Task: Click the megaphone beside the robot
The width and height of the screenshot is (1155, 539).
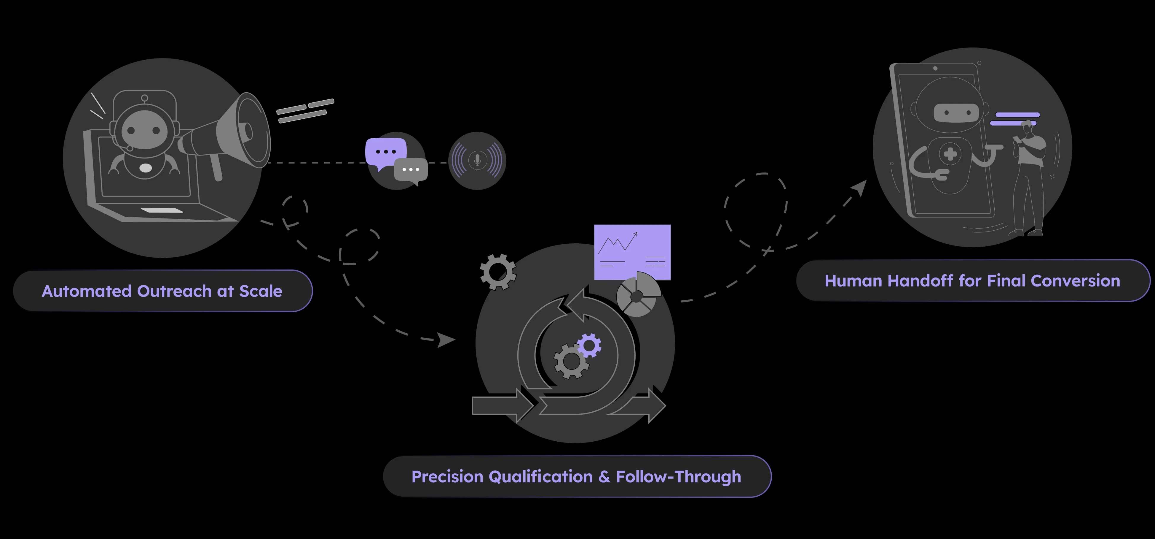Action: (x=224, y=135)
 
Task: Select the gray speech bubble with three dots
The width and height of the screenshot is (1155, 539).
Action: (x=411, y=171)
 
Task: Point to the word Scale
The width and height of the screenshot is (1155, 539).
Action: (x=261, y=291)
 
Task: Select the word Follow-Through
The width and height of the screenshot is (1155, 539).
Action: (x=678, y=477)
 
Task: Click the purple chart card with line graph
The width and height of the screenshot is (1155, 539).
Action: (x=632, y=252)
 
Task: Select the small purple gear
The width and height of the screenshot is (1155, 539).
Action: (x=589, y=345)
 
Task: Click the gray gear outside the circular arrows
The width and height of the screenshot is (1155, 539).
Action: (x=498, y=272)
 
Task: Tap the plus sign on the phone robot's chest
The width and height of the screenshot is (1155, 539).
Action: (x=950, y=154)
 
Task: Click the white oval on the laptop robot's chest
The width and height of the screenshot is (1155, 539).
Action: (x=146, y=168)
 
